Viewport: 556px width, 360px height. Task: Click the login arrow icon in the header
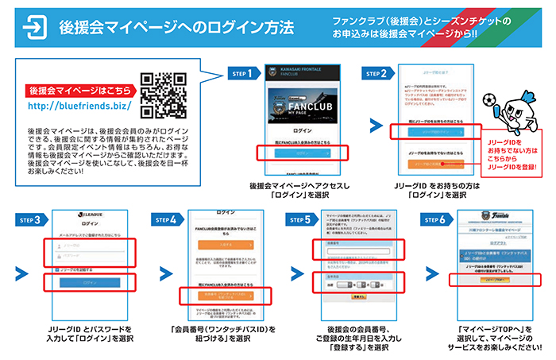(34, 26)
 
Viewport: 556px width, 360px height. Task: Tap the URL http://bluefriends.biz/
(79, 105)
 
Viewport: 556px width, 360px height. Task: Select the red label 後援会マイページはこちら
(79, 90)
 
